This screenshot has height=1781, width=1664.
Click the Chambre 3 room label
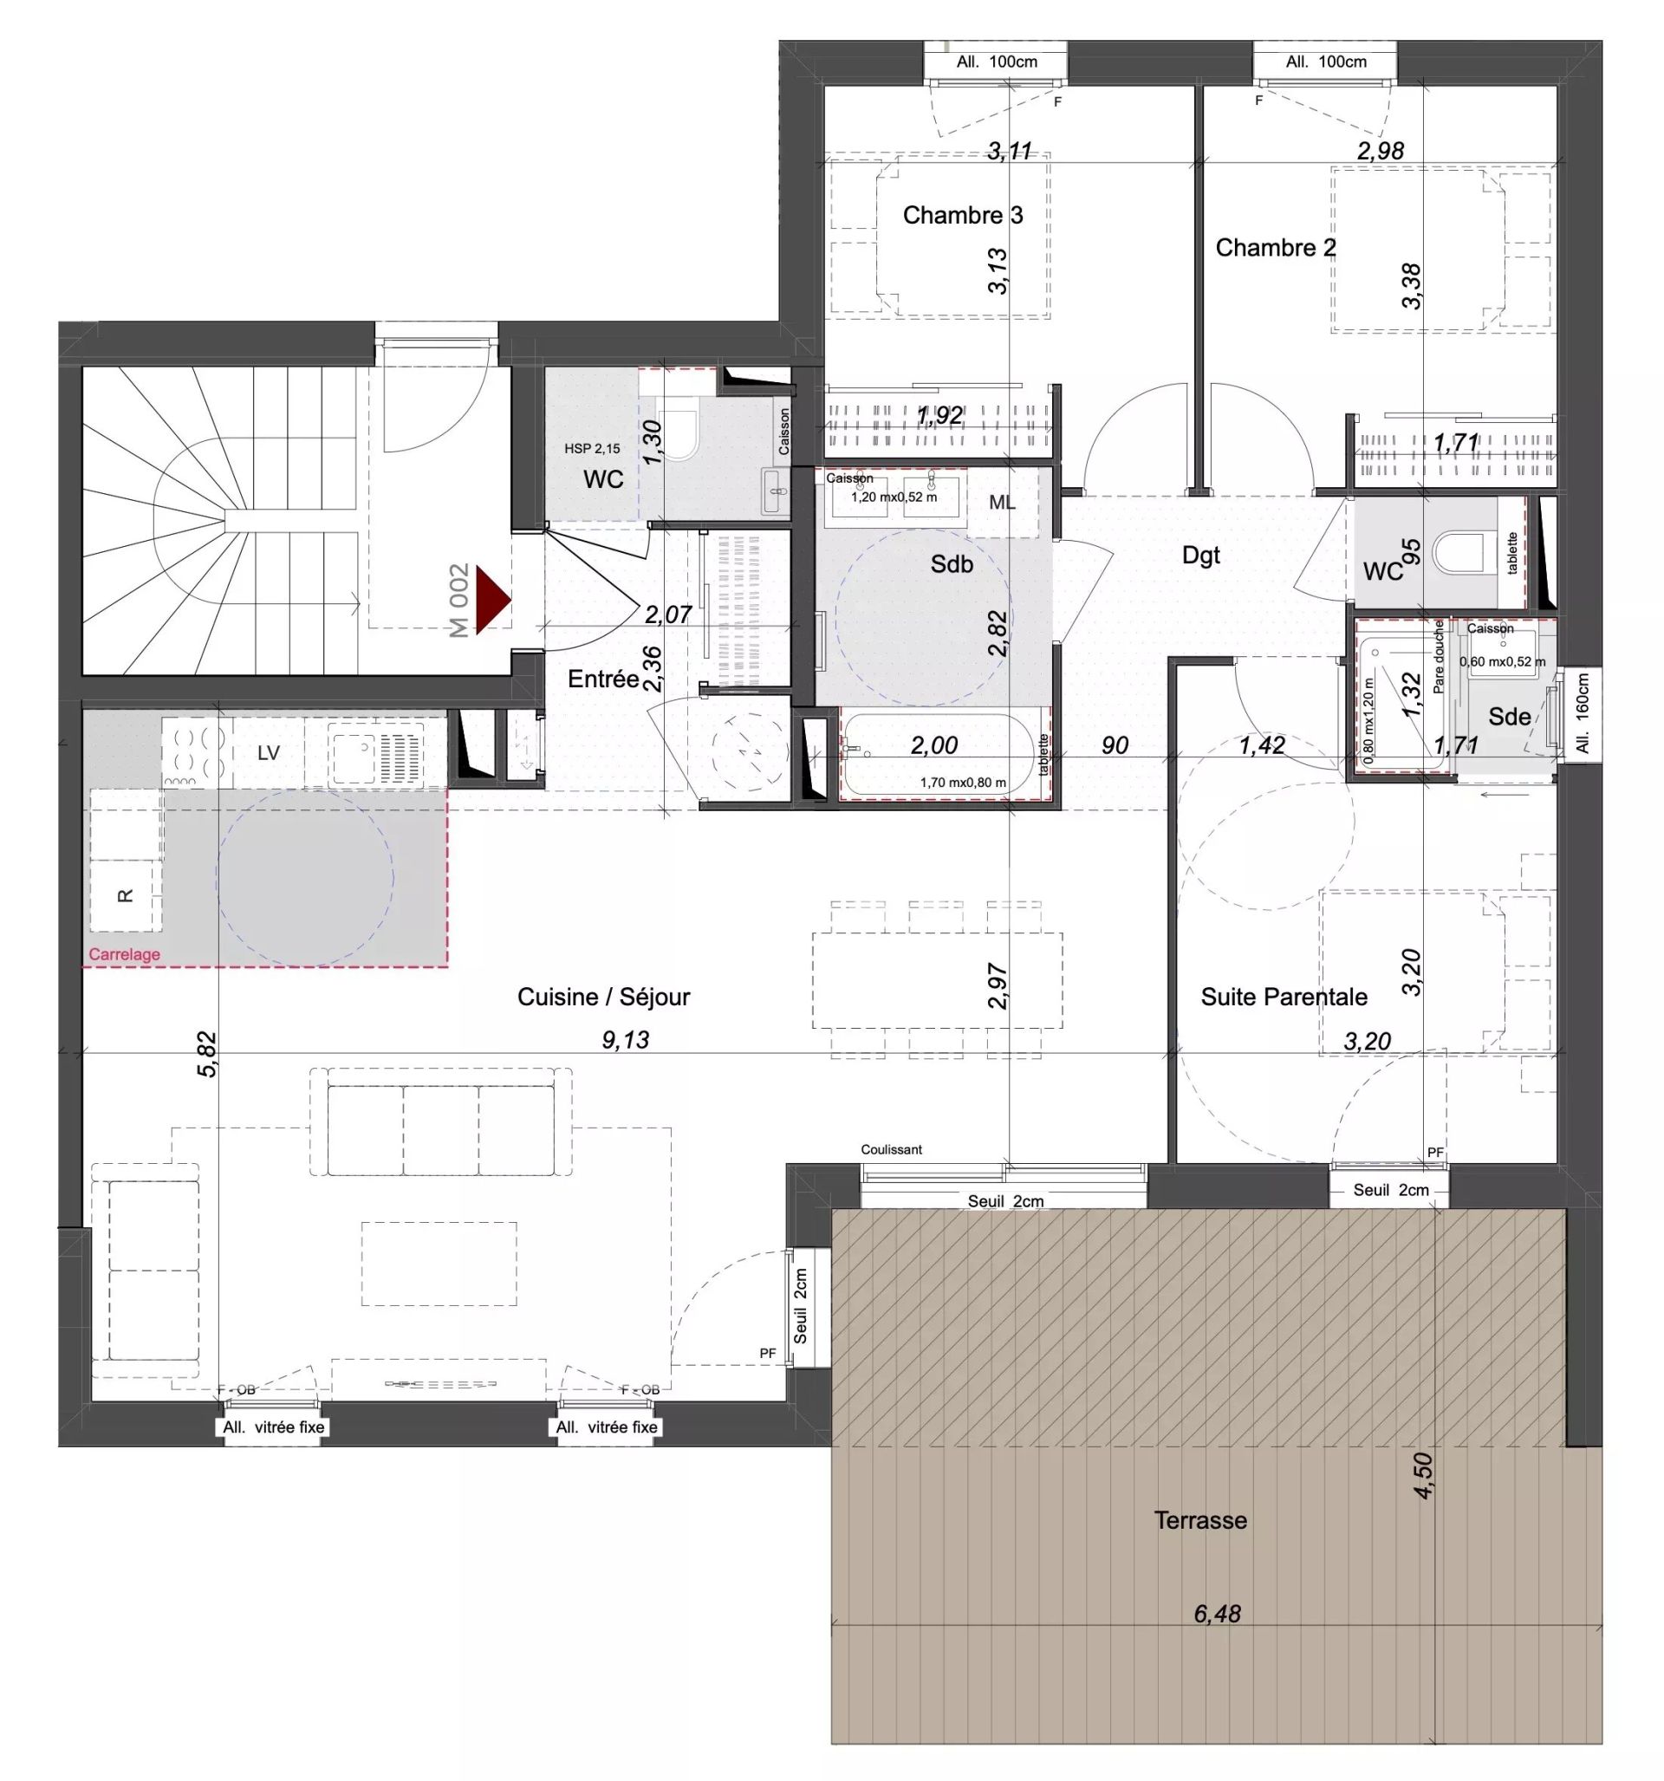pyautogui.click(x=961, y=215)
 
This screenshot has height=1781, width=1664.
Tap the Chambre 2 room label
pyautogui.click(x=1274, y=247)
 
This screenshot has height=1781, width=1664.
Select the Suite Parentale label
pyautogui.click(x=1283, y=996)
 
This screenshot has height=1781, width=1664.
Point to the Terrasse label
pyautogui.click(x=1199, y=1520)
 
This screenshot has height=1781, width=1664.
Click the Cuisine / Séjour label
pyautogui.click(x=603, y=996)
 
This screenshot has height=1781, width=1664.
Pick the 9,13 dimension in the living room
pyautogui.click(x=625, y=1040)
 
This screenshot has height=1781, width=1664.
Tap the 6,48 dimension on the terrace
pyautogui.click(x=1216, y=1614)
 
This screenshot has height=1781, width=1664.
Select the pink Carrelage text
pyautogui.click(x=125, y=954)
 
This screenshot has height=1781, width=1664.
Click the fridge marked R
pyautogui.click(x=126, y=895)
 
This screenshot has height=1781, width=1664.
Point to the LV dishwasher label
pyautogui.click(x=268, y=753)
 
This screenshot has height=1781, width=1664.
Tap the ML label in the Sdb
pyautogui.click(x=1001, y=503)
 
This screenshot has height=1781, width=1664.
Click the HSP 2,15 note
pyautogui.click(x=591, y=449)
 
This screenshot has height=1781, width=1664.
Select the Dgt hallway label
pyautogui.click(x=1199, y=556)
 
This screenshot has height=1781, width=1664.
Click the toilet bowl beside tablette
pyautogui.click(x=1458, y=552)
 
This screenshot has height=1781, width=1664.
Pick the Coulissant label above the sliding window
pyautogui.click(x=891, y=1149)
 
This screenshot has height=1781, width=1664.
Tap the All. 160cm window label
pyautogui.click(x=1582, y=713)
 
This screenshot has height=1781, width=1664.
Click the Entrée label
pyautogui.click(x=603, y=679)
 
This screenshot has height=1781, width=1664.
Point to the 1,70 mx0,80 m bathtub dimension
pyautogui.click(x=962, y=782)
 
